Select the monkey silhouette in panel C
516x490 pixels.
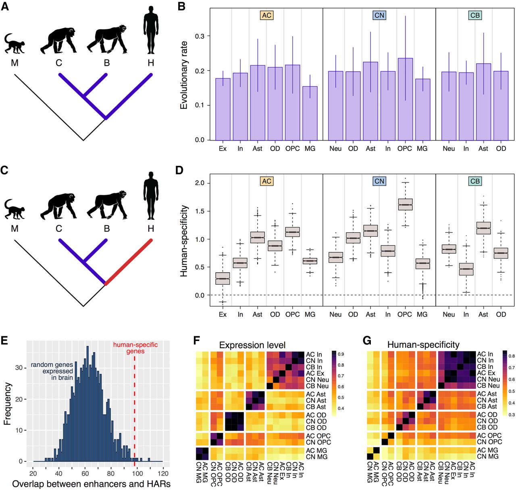click(15, 209)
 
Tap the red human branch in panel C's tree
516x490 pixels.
click(128, 262)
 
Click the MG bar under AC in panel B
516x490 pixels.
click(310, 113)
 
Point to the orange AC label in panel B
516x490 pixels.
click(266, 15)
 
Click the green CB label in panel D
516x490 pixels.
click(475, 181)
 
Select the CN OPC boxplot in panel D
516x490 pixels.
click(405, 204)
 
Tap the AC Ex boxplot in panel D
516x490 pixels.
click(223, 279)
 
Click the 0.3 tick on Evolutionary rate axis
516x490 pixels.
click(200, 36)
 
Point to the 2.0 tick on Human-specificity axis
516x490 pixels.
click(200, 183)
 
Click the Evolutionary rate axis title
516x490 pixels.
click(184, 75)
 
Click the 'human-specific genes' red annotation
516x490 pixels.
click(135, 348)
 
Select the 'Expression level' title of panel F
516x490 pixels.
click(252, 345)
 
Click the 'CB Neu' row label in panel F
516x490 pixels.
click(317, 386)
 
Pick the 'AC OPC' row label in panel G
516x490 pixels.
click(489, 436)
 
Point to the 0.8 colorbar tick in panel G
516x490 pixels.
click(512, 356)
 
